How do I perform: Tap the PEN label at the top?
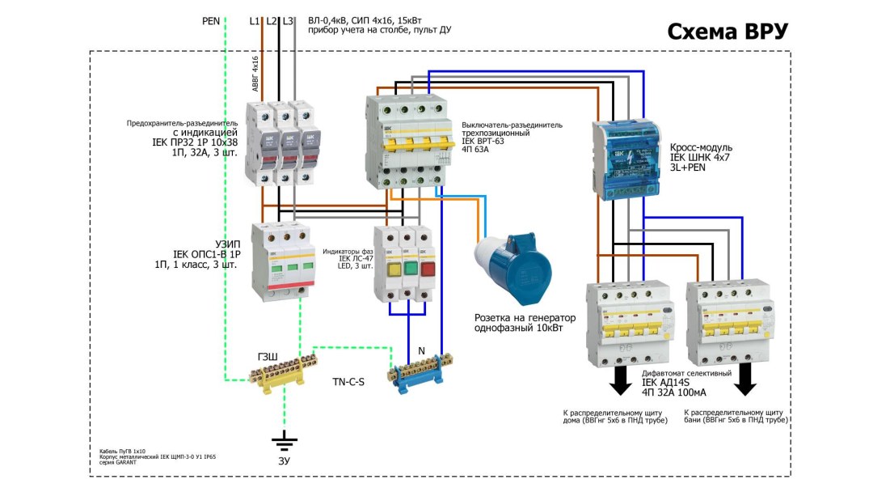[211, 21]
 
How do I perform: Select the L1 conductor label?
[255, 21]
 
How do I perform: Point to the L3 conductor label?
[288, 21]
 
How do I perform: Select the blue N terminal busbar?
[421, 372]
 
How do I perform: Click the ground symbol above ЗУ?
[284, 441]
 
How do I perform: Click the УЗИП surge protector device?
[280, 263]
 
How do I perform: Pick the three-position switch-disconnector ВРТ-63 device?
[406, 142]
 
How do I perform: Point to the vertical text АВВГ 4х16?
[255, 74]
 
